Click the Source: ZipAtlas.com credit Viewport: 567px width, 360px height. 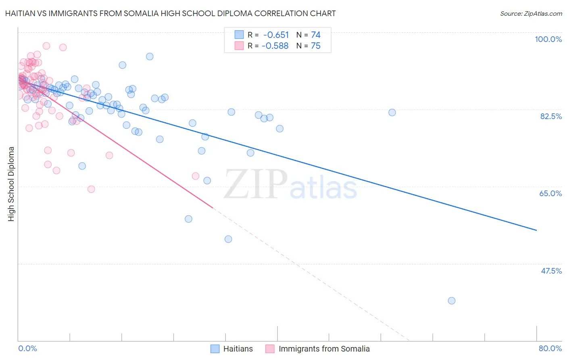[531, 13]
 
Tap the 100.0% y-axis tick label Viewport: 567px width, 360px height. [548, 39]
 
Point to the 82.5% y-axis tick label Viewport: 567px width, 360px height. [551, 116]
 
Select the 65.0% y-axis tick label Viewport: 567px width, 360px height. [550, 193]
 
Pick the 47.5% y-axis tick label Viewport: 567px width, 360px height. [551, 271]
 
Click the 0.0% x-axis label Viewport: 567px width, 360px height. [27, 348]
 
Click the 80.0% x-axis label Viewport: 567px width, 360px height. [550, 348]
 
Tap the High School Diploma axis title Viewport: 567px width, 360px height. [11, 184]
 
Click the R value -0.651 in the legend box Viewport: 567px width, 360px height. [276, 35]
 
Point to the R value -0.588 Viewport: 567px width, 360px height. [275, 46]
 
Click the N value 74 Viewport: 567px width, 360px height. [315, 35]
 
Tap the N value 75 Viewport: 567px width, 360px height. [315, 46]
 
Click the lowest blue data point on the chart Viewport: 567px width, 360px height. [452, 301]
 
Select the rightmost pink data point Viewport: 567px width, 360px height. [196, 176]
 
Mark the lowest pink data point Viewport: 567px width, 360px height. [91, 189]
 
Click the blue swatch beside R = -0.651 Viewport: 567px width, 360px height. [239, 35]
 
